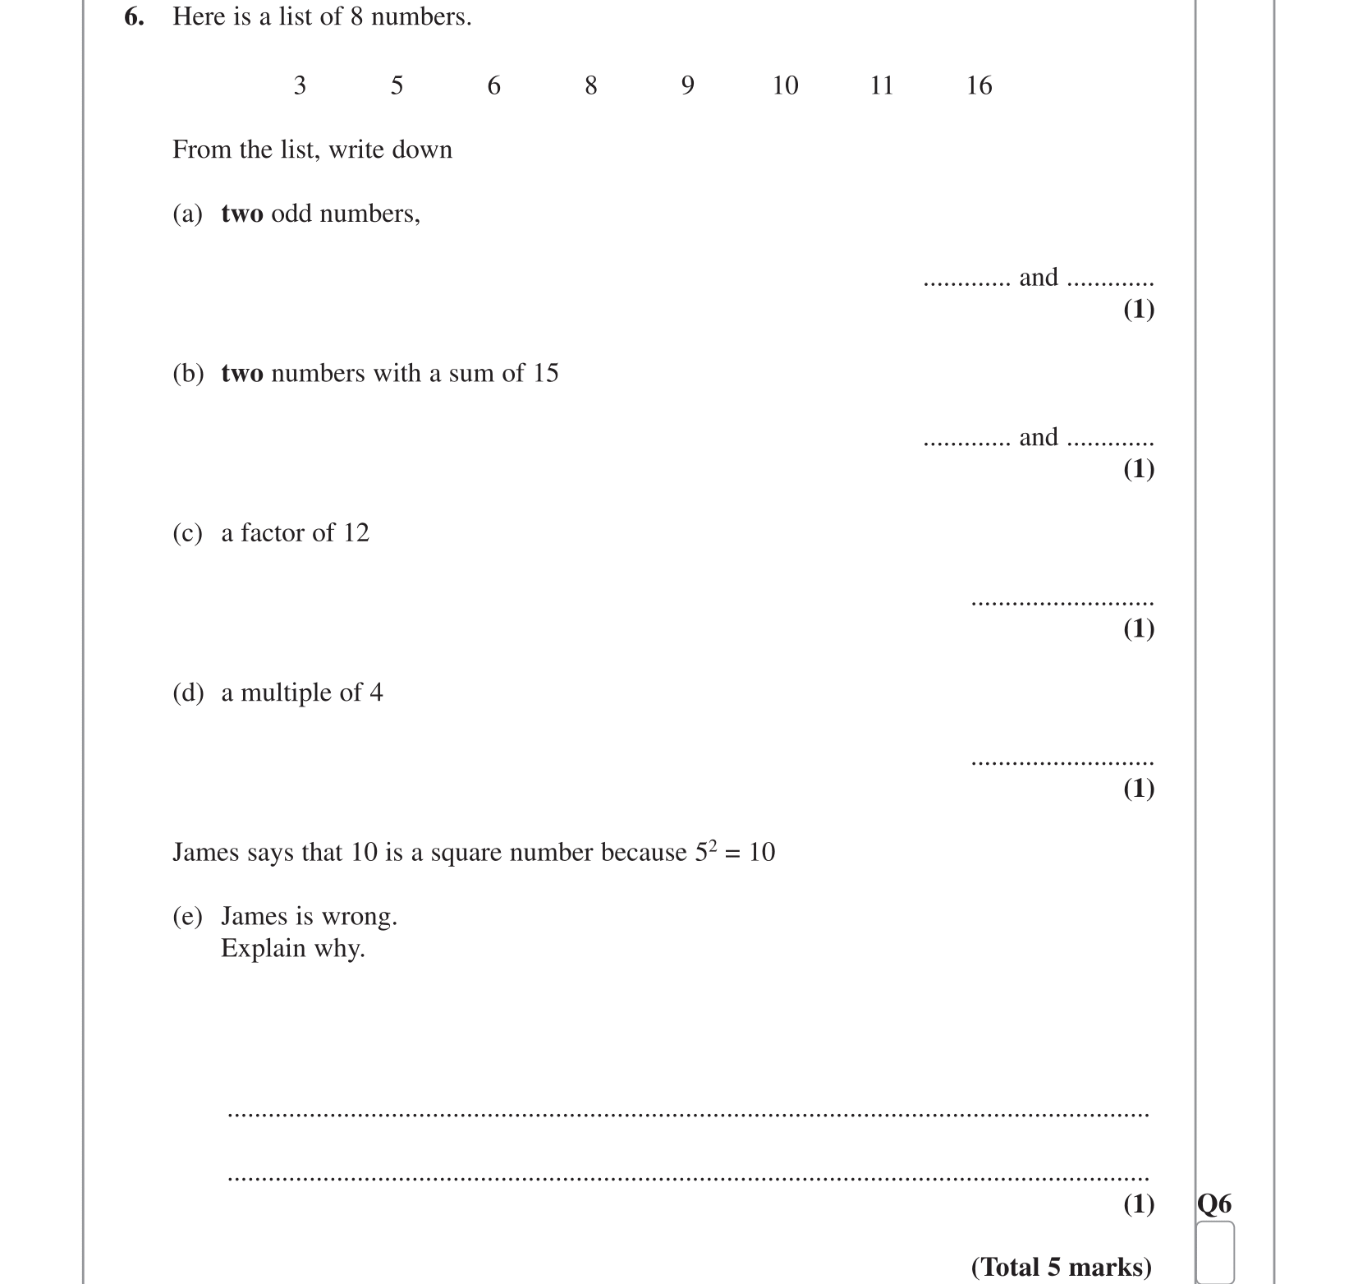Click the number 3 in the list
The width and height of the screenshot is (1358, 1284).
click(x=300, y=85)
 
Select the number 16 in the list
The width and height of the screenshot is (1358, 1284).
click(x=979, y=85)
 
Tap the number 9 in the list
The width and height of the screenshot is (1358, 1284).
click(x=688, y=85)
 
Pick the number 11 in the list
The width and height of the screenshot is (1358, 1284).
click(x=881, y=85)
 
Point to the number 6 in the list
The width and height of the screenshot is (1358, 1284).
click(x=493, y=85)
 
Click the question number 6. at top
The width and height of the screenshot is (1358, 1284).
click(x=134, y=16)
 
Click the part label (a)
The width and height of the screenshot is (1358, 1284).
click(x=187, y=214)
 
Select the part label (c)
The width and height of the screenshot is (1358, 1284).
click(x=187, y=533)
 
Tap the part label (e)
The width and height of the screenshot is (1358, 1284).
click(x=187, y=916)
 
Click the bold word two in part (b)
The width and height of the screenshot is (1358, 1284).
click(x=242, y=374)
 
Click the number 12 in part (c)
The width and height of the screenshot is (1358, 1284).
click(x=356, y=533)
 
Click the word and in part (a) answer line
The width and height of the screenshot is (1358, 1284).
click(x=1038, y=278)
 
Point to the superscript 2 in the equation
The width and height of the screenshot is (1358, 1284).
click(x=713, y=844)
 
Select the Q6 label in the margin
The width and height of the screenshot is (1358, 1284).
click(x=1214, y=1203)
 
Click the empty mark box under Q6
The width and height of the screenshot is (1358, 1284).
click(x=1215, y=1252)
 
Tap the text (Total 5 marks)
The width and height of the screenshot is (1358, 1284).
click(x=1061, y=1267)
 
